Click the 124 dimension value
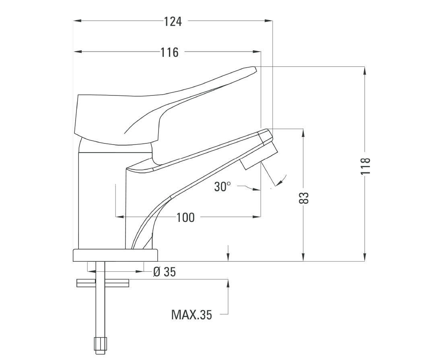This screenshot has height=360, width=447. [x=173, y=21]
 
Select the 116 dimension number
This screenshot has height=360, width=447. [x=170, y=52]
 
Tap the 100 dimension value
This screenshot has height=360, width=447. [x=185, y=217]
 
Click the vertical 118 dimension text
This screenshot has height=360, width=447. [x=365, y=166]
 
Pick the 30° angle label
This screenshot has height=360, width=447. [x=222, y=187]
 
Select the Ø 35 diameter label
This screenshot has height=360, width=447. [x=165, y=272]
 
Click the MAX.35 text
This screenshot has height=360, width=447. [x=192, y=314]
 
